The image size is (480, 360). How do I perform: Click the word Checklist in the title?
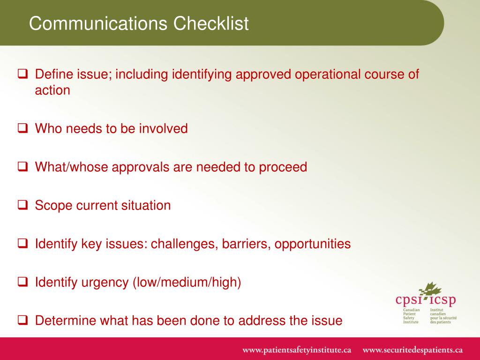[x=211, y=23]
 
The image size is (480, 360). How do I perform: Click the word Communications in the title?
[x=98, y=23]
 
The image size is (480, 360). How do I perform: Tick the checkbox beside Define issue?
[x=22, y=74]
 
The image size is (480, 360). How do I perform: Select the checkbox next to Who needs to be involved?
[x=22, y=128]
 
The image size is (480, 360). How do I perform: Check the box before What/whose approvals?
[x=22, y=166]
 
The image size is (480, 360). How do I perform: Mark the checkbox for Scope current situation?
[x=22, y=205]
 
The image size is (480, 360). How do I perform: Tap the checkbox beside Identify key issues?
[x=22, y=243]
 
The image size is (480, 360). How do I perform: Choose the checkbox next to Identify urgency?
[x=22, y=282]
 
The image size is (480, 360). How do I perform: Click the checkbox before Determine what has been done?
[x=22, y=320]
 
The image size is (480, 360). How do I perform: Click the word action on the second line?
[x=52, y=90]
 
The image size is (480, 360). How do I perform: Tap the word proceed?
[x=283, y=167]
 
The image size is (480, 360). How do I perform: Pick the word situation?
[x=146, y=205]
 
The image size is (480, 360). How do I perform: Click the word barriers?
[x=246, y=244]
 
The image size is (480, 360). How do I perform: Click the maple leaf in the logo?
[x=430, y=290]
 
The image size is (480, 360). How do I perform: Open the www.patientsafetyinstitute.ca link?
[x=297, y=350]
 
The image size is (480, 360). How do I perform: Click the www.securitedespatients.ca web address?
[x=412, y=350]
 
